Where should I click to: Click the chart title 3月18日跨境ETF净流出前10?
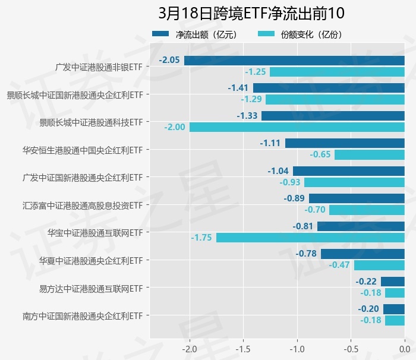coord(251,13)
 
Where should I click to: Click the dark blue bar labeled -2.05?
coord(294,61)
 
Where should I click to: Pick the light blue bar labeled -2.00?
coord(297,127)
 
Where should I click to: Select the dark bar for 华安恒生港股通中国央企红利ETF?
coord(345,143)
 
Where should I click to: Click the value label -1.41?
coord(238,88)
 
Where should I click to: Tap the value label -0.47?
coord(339,265)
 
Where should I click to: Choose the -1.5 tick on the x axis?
coord(242,348)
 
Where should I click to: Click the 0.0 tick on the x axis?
coord(404,348)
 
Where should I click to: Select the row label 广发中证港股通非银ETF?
coord(99,67)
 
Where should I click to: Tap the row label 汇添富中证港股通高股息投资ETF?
coord(83,206)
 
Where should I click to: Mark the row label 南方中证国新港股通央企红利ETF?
coord(83,315)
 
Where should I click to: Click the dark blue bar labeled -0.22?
coord(392,282)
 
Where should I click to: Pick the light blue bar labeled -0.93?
coord(354,182)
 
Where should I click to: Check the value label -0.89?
coord(295,198)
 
